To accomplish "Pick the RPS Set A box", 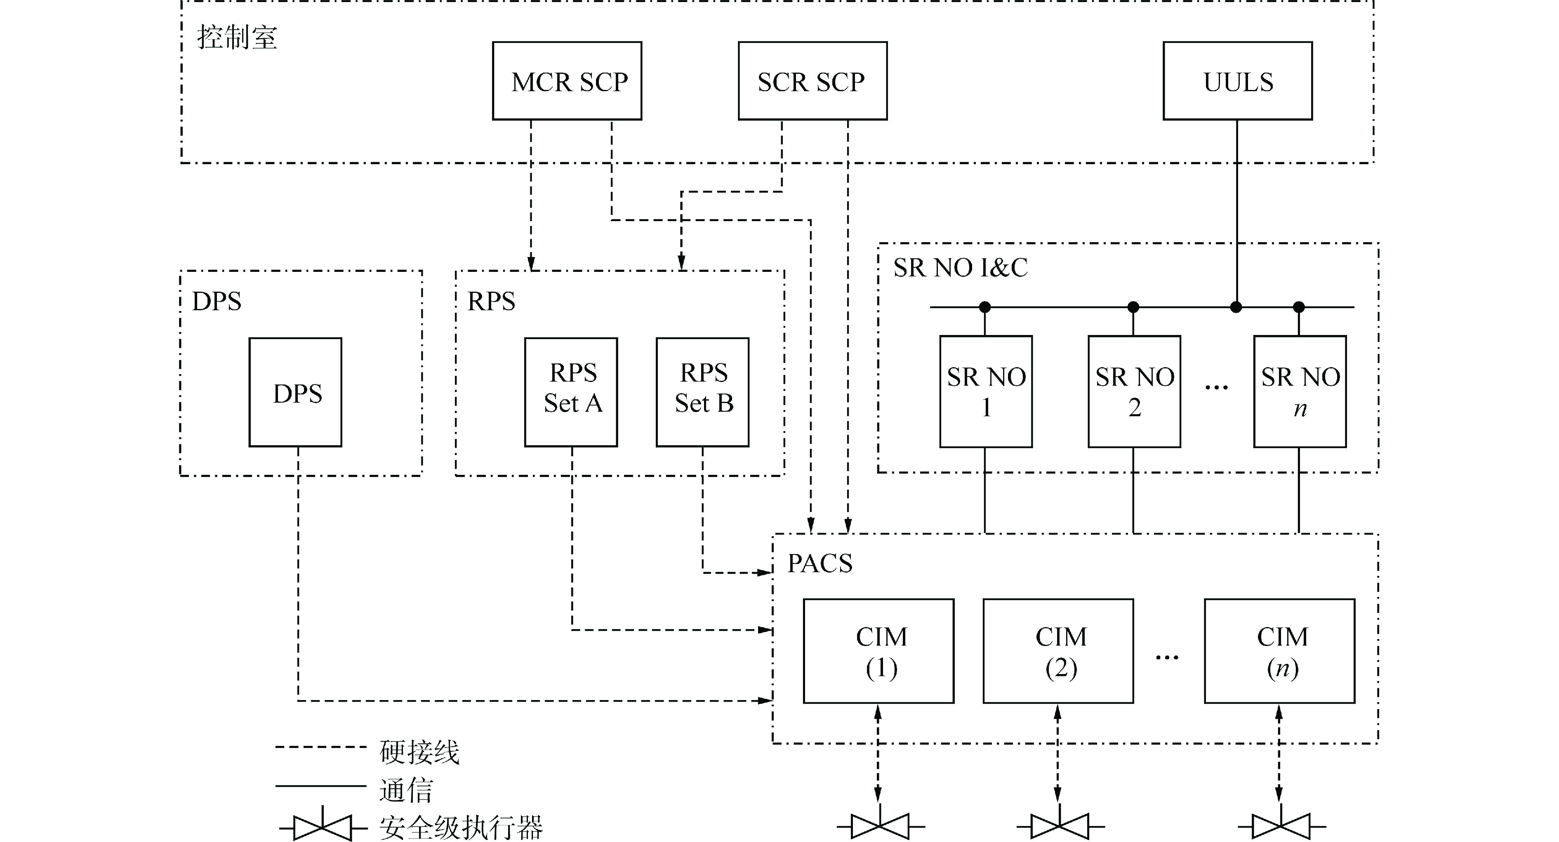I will click(x=571, y=392).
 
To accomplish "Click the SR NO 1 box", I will click(x=985, y=392).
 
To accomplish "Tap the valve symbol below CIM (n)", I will click(x=1281, y=825).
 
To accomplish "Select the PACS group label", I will click(x=820, y=564).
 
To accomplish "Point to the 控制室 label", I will click(x=237, y=38).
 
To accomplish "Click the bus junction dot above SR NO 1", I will click(x=984, y=307).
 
